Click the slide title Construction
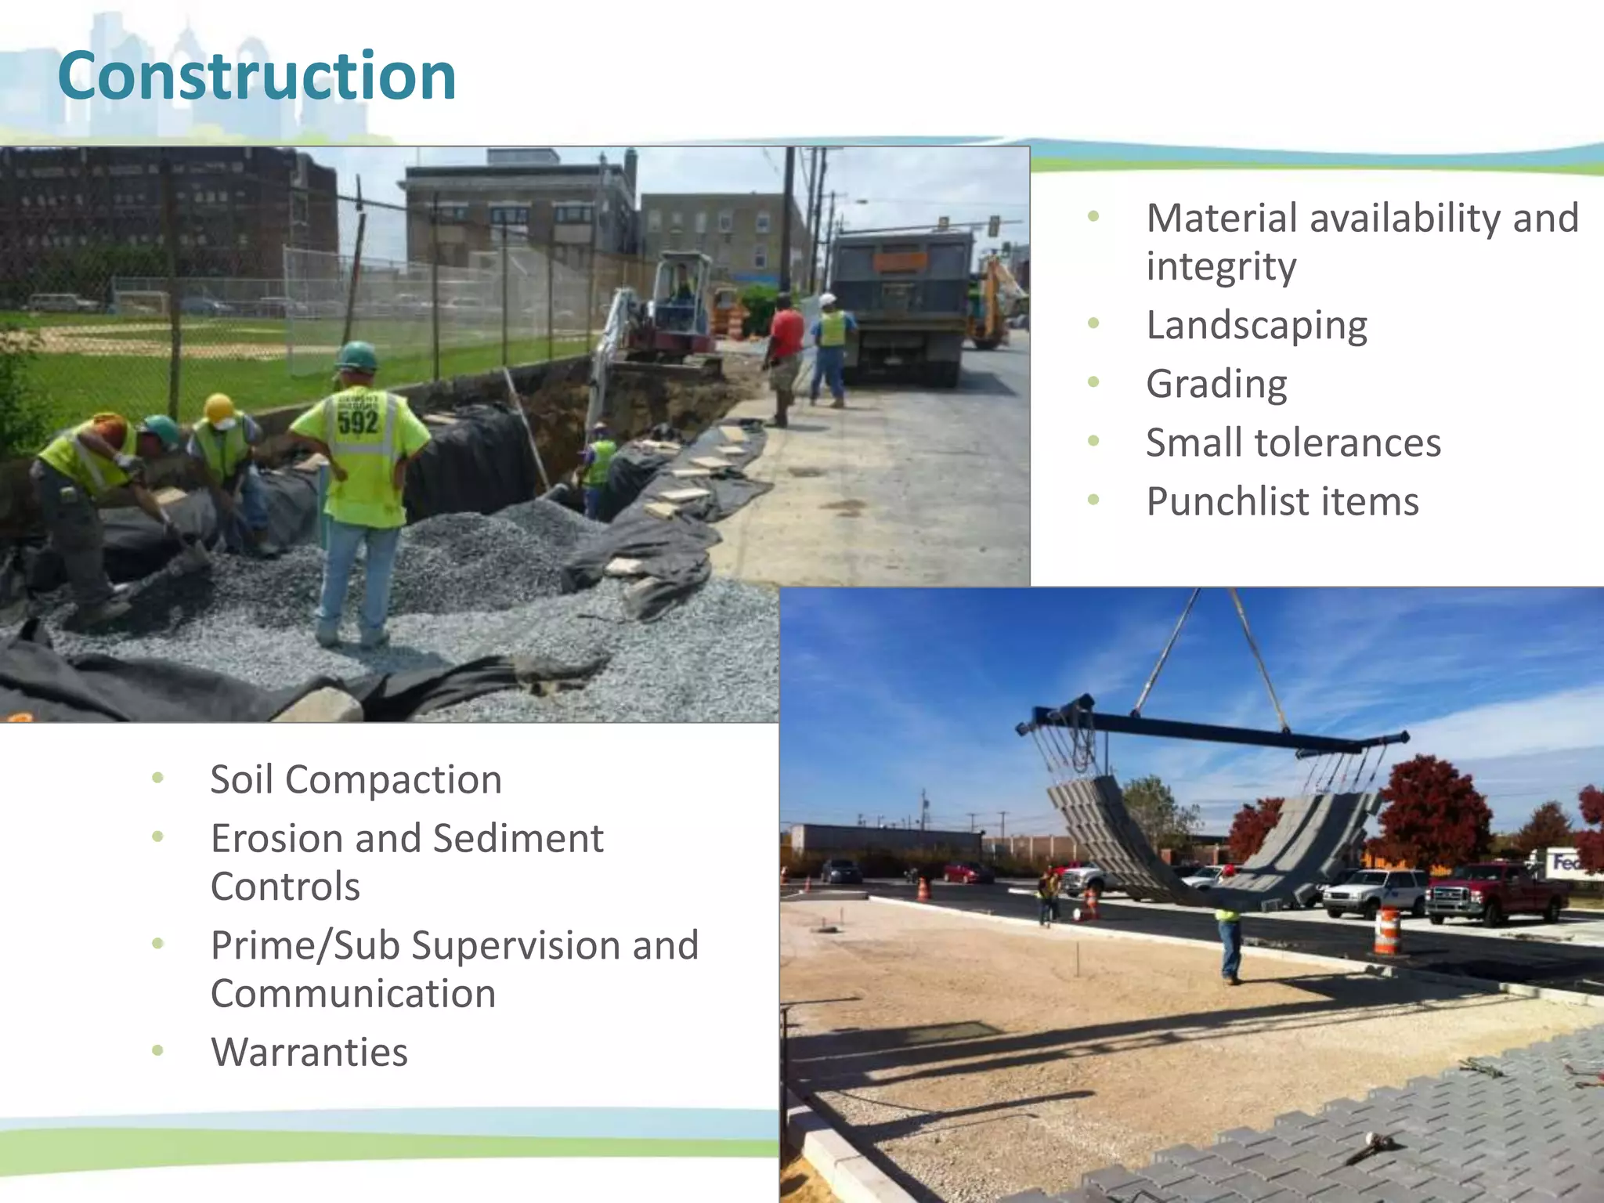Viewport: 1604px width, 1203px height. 257,76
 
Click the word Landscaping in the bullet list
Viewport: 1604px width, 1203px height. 1256,325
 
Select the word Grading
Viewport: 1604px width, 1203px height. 1216,384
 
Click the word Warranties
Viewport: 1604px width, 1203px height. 309,1052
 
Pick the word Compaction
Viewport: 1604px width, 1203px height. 393,780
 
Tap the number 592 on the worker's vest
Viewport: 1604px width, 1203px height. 358,423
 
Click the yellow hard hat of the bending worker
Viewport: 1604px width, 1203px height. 219,408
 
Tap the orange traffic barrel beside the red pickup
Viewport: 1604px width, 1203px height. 1386,930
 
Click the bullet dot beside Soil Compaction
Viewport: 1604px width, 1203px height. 158,779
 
